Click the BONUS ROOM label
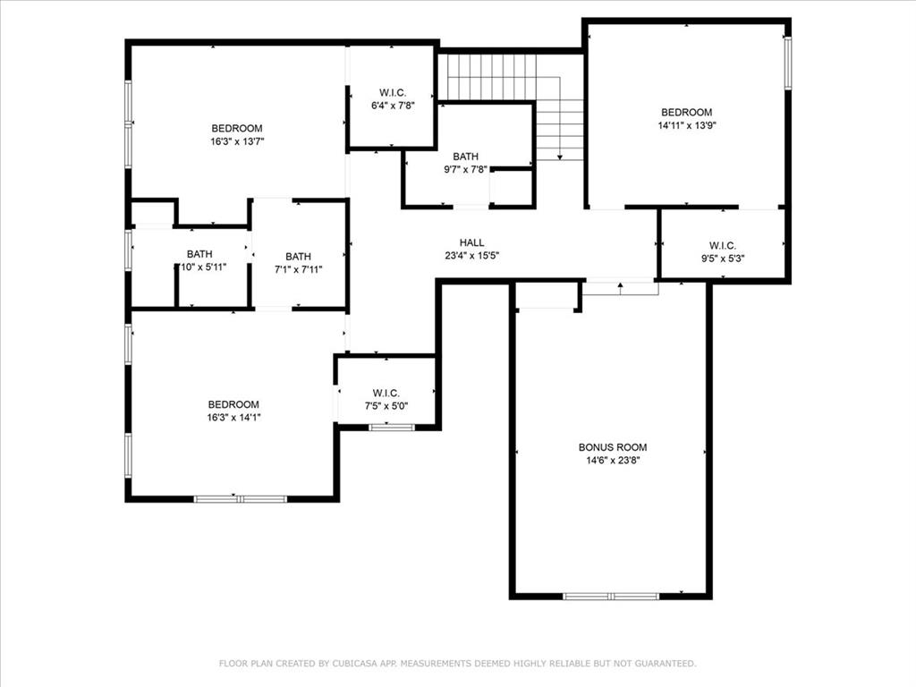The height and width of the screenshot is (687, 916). click(x=612, y=447)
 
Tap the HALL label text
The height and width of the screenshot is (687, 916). click(x=471, y=242)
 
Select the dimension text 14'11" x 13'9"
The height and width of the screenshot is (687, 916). click(x=686, y=125)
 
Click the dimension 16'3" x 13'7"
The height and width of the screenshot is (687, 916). click(x=236, y=140)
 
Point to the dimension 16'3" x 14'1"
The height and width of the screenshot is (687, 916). click(x=233, y=417)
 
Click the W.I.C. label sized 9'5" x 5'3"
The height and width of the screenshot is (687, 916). click(x=722, y=245)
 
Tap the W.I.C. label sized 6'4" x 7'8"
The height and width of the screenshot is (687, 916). click(x=393, y=92)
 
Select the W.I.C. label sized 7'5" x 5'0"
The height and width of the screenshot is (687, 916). click(x=386, y=393)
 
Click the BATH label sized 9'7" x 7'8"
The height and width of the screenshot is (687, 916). click(x=465, y=157)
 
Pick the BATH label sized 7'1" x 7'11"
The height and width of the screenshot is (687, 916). click(x=298, y=256)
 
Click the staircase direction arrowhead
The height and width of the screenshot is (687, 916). click(x=559, y=157)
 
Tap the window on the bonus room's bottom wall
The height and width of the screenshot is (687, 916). click(x=610, y=596)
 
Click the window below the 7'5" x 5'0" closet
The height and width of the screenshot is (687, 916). click(x=392, y=428)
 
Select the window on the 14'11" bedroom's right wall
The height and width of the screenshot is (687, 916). click(x=787, y=63)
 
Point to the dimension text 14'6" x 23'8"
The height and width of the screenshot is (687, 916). click(x=612, y=460)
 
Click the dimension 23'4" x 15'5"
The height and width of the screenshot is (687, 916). click(x=471, y=255)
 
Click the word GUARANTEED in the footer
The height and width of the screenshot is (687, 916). click(x=663, y=663)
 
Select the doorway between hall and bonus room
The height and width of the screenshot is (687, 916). click(x=620, y=286)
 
